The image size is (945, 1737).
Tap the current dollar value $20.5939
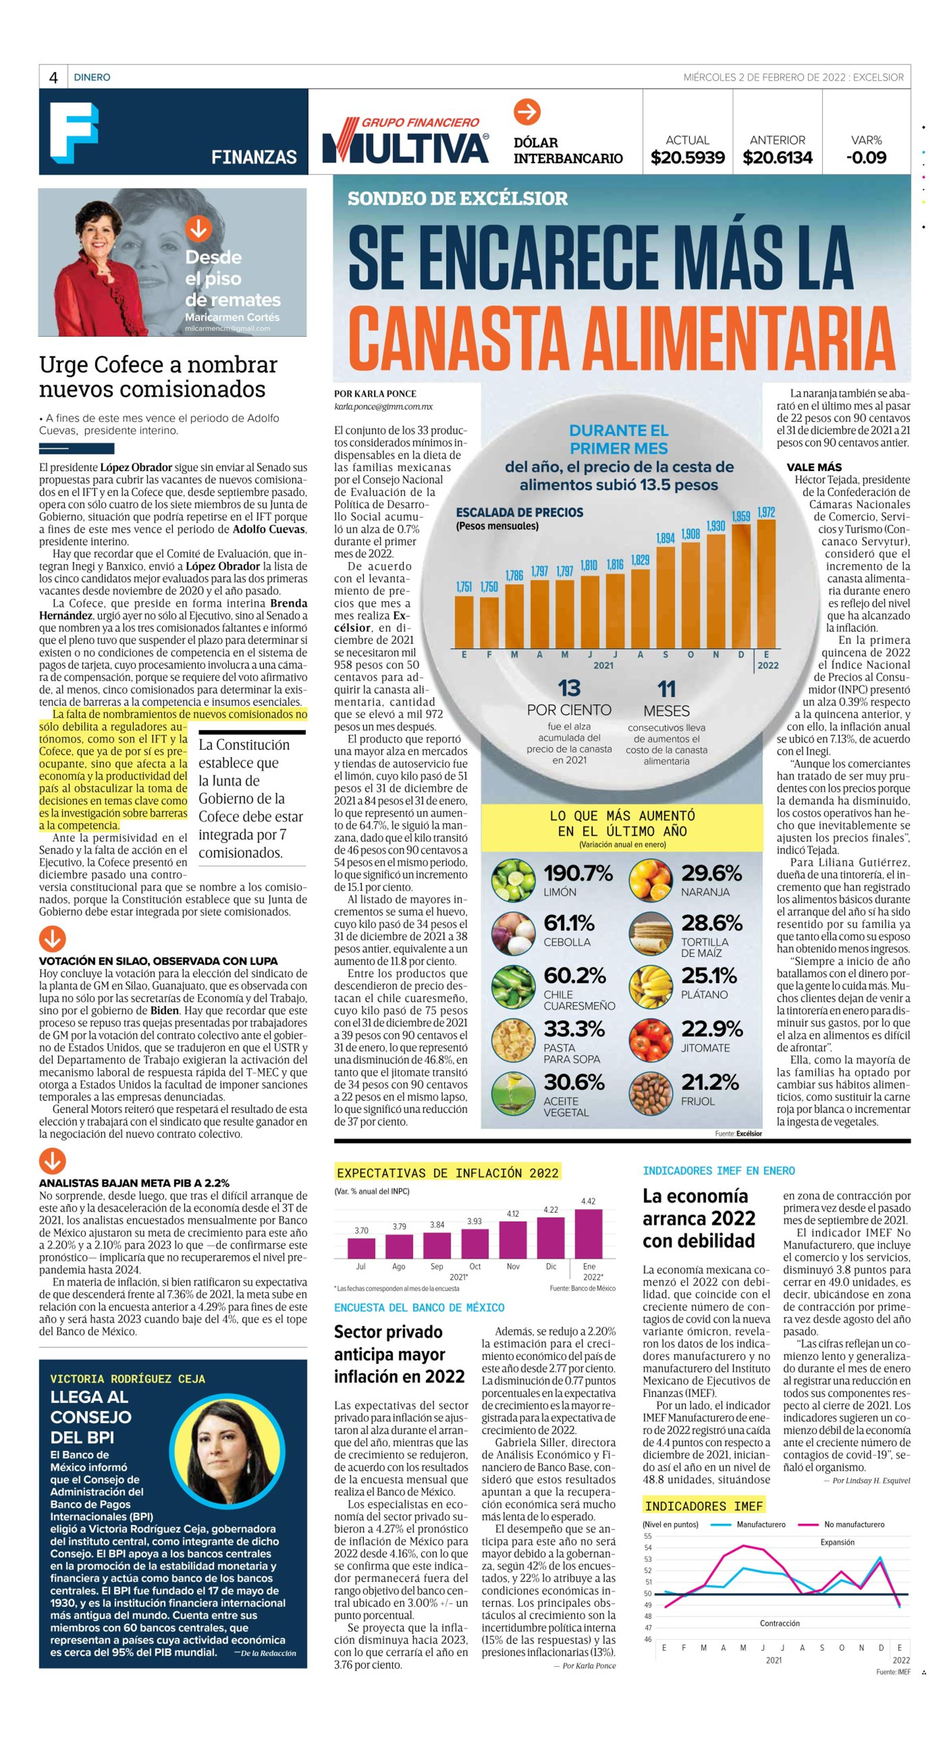pyautogui.click(x=687, y=158)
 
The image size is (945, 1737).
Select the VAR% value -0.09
pyautogui.click(x=866, y=158)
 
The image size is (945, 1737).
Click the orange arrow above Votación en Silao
pyautogui.click(x=53, y=938)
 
